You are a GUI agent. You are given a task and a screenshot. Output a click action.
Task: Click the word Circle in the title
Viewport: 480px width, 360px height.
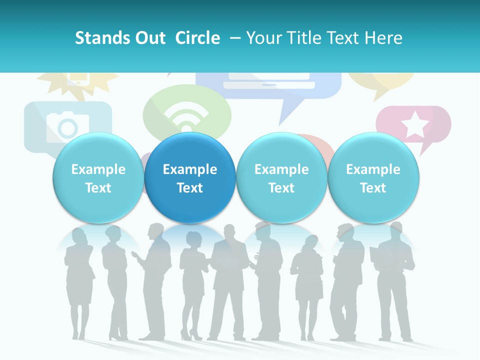click(197, 38)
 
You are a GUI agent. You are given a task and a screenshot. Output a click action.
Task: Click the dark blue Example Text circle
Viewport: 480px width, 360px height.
click(190, 178)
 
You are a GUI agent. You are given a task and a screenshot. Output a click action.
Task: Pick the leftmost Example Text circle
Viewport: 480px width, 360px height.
click(98, 178)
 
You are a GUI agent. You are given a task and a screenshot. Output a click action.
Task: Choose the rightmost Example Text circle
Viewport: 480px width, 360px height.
click(373, 178)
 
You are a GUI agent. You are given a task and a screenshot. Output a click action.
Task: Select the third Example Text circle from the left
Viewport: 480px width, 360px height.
click(281, 178)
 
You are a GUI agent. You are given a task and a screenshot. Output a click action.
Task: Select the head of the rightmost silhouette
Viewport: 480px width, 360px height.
click(395, 229)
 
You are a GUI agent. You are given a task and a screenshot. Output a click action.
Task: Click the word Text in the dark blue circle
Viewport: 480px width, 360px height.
click(190, 188)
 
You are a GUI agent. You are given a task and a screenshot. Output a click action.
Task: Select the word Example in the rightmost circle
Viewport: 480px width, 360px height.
click(373, 169)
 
